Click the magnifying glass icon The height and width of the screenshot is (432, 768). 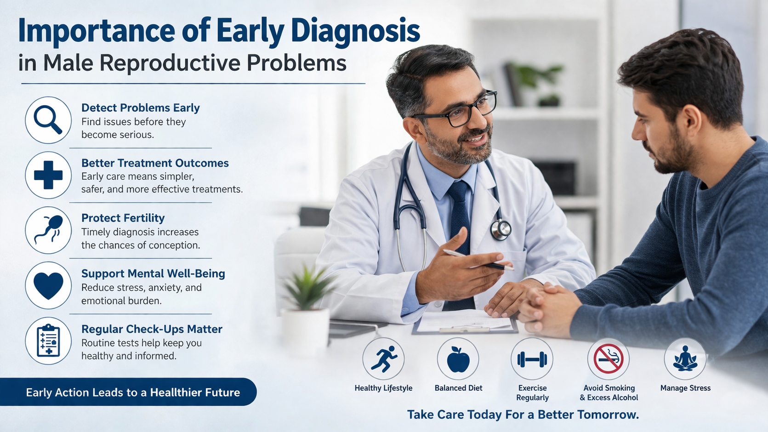pos(48,120)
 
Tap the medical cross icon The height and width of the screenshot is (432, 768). pos(48,175)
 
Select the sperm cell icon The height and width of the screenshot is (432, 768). pos(48,230)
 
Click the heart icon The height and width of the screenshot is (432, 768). pos(48,285)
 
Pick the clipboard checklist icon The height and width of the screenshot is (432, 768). pos(48,341)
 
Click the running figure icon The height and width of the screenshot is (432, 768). pos(383,359)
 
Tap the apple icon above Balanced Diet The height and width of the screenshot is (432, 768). pos(458,359)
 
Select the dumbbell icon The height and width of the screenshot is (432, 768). pos(532,359)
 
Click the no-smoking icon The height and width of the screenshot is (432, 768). pos(608,359)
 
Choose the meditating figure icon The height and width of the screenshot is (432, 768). pos(685,359)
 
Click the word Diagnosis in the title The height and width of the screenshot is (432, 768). pos(355,31)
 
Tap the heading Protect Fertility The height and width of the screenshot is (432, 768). pos(123,218)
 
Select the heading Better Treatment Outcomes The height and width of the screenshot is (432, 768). pos(155,163)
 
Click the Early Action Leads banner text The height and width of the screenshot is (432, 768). pos(133,392)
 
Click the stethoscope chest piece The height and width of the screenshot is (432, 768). pos(501,228)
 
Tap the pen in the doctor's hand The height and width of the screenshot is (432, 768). pos(478,259)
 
